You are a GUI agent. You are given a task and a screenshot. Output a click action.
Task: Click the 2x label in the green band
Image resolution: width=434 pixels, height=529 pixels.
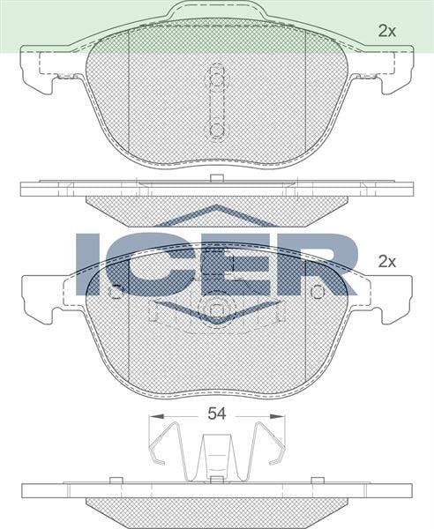click(x=386, y=31)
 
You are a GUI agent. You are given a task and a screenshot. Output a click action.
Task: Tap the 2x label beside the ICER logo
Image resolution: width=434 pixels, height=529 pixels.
click(x=386, y=261)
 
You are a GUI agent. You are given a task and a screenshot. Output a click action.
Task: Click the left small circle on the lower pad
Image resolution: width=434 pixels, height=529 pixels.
click(x=115, y=292)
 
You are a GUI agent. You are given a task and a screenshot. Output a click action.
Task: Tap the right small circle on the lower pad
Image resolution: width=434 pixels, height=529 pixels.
click(x=318, y=292)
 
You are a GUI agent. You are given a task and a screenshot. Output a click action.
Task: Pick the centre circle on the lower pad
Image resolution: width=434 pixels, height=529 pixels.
click(x=216, y=310)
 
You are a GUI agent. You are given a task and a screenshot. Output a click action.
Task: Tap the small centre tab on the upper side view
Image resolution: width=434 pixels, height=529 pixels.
click(x=216, y=179)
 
